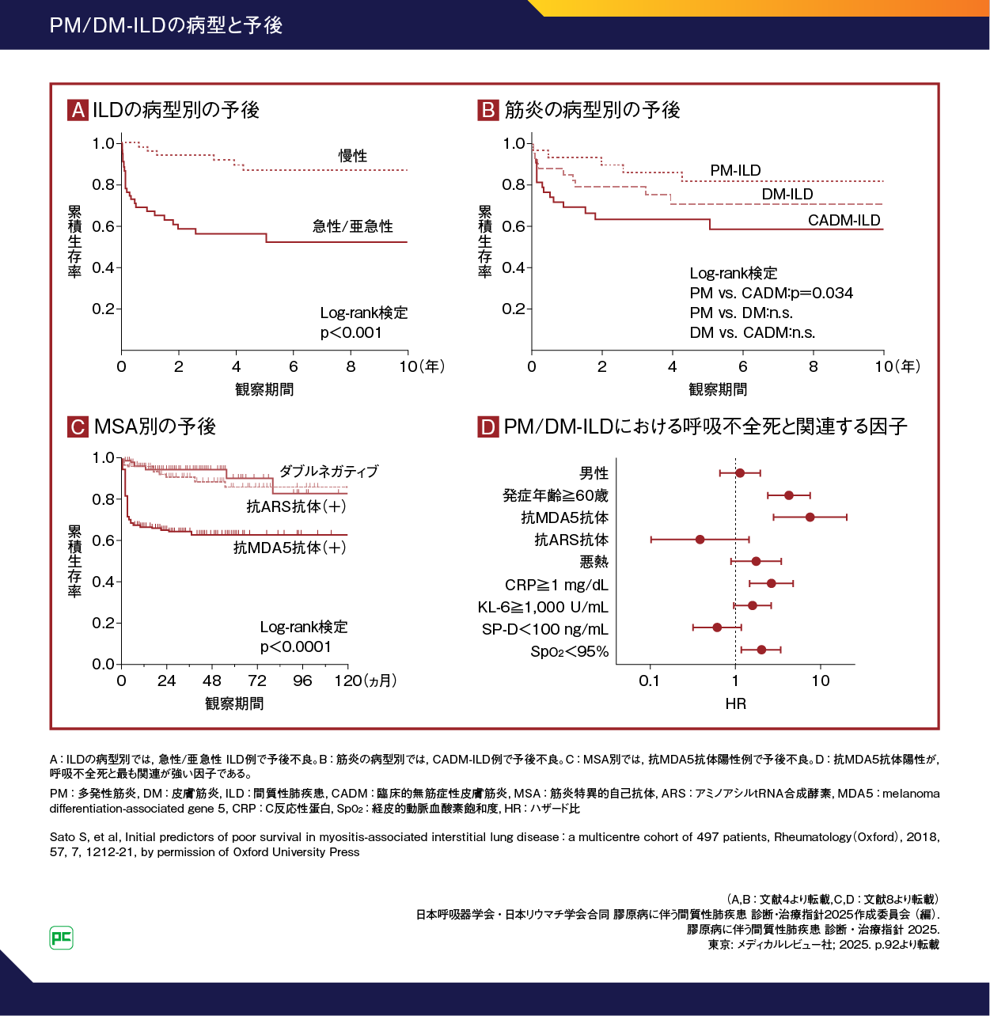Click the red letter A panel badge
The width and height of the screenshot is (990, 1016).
point(78,110)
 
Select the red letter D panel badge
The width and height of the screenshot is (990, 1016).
point(487,427)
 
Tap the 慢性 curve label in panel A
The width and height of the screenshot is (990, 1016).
point(353,156)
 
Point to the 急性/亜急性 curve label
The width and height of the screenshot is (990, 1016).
point(353,226)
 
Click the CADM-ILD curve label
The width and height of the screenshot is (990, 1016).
point(844,220)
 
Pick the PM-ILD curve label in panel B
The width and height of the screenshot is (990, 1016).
point(735,170)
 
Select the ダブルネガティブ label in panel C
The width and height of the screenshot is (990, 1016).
point(328,471)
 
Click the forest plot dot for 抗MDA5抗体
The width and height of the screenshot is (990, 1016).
point(810,517)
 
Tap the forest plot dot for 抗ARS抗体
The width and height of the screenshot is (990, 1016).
point(700,540)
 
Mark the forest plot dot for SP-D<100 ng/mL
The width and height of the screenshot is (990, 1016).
point(717,627)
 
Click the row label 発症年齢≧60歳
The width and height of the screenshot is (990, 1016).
point(556,495)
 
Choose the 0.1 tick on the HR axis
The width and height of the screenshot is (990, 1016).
point(649,680)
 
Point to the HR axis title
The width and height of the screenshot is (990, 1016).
point(735,703)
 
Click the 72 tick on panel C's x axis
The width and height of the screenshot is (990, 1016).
point(256,680)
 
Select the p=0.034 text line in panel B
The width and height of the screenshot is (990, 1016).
point(771,293)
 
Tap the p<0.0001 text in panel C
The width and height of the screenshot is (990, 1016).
point(296,646)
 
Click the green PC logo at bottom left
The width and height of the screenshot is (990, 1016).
point(61,938)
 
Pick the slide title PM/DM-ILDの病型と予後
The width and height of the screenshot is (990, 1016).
point(165,25)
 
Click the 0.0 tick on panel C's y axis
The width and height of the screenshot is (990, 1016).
point(104,664)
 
